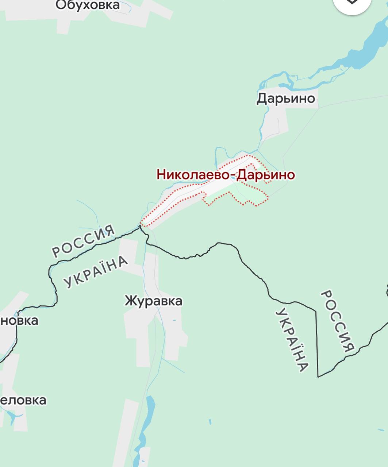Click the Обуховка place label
click(x=87, y=5)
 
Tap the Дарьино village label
click(x=286, y=98)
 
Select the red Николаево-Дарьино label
click(x=226, y=174)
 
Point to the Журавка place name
click(x=153, y=301)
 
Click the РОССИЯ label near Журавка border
click(x=84, y=241)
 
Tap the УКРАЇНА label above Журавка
click(x=96, y=271)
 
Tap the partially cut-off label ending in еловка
click(x=23, y=400)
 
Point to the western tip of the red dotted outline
click(x=142, y=224)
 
